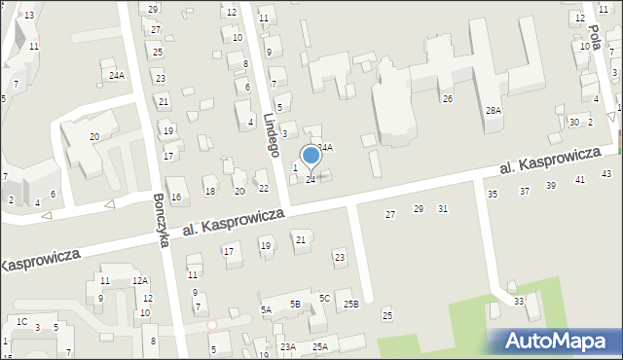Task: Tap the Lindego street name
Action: click(x=272, y=134)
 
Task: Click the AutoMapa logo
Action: click(x=555, y=341)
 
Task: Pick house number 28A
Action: click(x=494, y=111)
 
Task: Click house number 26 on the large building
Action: click(x=447, y=99)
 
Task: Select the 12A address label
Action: click(x=140, y=281)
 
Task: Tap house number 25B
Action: click(x=351, y=305)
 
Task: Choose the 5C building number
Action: click(x=325, y=298)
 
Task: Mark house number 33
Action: click(x=519, y=302)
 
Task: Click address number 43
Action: click(x=606, y=174)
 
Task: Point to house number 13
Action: click(x=29, y=15)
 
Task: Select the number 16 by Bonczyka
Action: click(x=176, y=198)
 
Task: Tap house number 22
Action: click(x=263, y=188)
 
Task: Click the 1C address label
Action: click(x=21, y=321)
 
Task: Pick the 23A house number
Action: click(x=288, y=346)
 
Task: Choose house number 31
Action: click(x=443, y=209)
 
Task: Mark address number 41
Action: click(x=580, y=180)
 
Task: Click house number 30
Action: click(x=574, y=122)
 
